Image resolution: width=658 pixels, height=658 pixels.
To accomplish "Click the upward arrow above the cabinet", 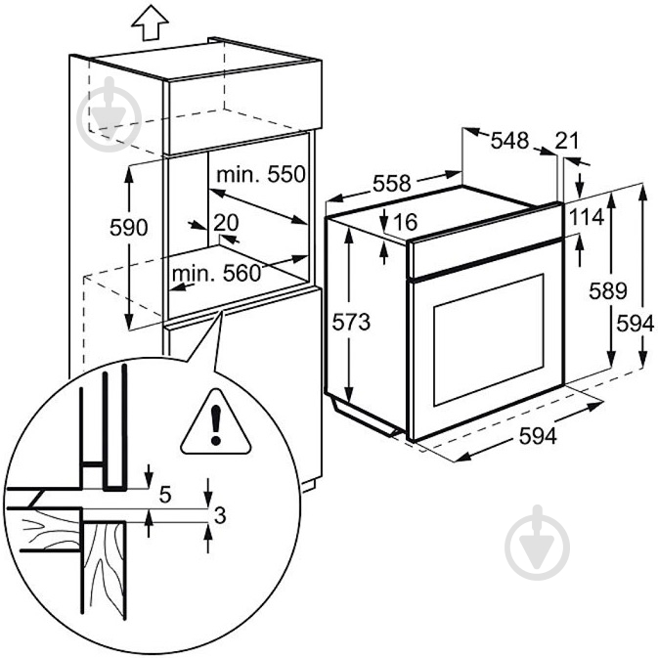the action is point(150,23).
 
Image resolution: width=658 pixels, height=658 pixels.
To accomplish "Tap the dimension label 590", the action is point(129,228).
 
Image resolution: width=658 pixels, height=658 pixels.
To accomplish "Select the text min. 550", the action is point(261,174).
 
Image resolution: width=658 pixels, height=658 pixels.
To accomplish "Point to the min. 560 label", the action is point(216,274).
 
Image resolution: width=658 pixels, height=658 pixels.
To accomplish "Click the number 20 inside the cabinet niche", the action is point(226,223).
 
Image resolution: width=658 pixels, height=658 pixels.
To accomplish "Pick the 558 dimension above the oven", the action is point(392,184).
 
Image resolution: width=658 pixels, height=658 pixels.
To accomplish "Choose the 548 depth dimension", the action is point(509,140).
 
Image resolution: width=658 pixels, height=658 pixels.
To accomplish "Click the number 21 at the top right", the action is point(567,141).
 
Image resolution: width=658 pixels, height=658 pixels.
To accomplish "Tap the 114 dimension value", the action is point(587,217).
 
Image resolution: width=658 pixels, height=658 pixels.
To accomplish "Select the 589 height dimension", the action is point(607,290).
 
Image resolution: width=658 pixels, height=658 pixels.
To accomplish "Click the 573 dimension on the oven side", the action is point(351,322).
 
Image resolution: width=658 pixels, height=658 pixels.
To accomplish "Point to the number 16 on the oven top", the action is point(406,222).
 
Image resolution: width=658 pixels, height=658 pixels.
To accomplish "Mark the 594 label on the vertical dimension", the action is point(636,324).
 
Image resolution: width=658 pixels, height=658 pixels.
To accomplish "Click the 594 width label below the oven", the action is point(538,436).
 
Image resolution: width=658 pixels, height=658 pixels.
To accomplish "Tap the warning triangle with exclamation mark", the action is point(216,423).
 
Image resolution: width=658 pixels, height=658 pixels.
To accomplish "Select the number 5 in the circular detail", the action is point(165,495).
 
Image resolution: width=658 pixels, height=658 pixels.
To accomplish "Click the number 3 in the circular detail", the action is point(220,515).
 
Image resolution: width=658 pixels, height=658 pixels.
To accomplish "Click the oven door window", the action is point(489,339).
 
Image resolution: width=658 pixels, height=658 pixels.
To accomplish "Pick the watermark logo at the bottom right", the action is point(538,544).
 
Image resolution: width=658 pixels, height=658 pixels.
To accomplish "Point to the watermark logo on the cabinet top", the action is point(110,113).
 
